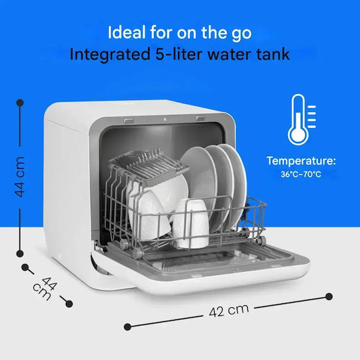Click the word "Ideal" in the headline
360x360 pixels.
click(127, 32)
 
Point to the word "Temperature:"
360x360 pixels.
click(301, 161)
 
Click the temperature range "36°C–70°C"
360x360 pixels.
click(301, 174)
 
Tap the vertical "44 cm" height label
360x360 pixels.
click(19, 177)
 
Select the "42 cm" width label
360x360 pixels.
click(229, 310)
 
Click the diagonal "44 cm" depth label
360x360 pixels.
click(45, 288)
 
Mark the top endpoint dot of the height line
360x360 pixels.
click(20, 103)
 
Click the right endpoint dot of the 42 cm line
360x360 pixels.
click(329, 297)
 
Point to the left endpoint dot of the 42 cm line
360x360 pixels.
click(127, 327)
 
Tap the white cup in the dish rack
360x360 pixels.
click(191, 223)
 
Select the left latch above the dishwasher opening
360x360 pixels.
click(129, 120)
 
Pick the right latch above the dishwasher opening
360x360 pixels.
click(201, 118)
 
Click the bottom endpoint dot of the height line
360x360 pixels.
click(20, 254)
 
